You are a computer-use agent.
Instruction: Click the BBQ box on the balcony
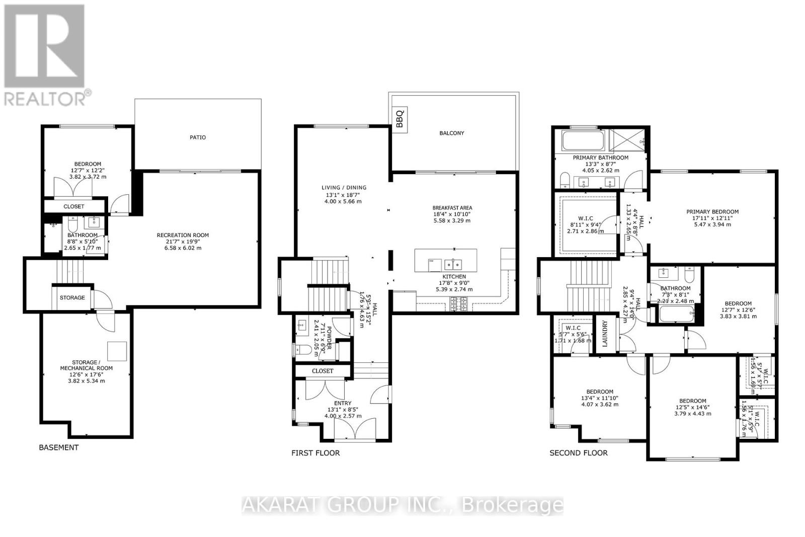400,120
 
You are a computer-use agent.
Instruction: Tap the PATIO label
198,137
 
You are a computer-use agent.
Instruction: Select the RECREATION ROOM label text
183,235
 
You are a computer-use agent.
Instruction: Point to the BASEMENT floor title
59,447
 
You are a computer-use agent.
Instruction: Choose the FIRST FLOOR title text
315,453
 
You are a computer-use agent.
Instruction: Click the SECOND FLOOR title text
578,453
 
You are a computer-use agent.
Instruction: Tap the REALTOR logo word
45,98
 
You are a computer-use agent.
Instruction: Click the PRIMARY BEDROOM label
712,212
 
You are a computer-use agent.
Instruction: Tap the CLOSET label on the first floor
323,371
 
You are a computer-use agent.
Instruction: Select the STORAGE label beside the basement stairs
72,297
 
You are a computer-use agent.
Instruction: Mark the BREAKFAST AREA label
452,208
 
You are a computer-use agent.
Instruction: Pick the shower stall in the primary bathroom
627,140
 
